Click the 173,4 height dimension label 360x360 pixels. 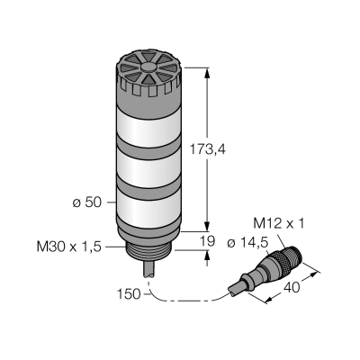click(207, 149)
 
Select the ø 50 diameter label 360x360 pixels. click(87, 202)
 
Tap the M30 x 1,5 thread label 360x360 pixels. click(69, 247)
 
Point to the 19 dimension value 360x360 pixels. click(207, 240)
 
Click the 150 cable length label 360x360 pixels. click(129, 294)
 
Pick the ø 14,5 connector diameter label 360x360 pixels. click(247, 243)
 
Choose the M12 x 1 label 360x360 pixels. click(279, 223)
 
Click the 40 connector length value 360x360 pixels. click(292, 288)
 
